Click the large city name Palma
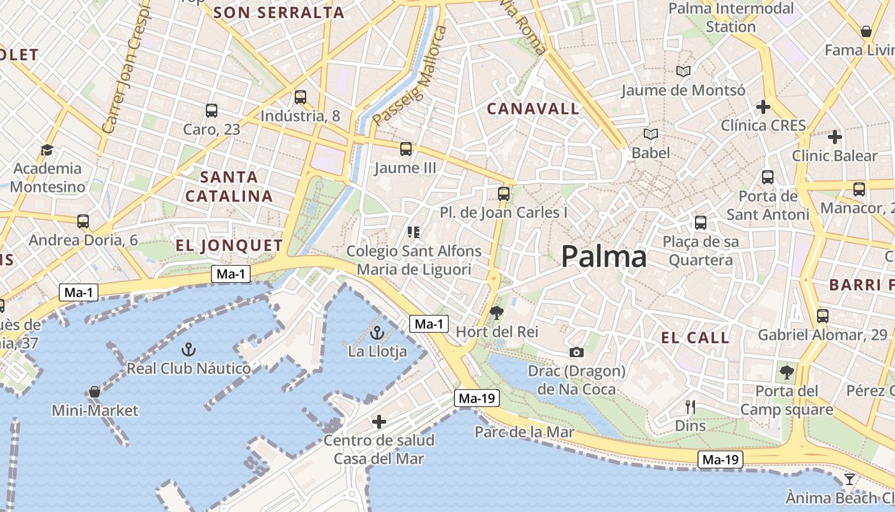[x=603, y=257]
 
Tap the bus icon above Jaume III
[x=406, y=149]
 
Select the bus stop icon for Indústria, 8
[x=300, y=97]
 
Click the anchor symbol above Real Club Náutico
[x=188, y=349]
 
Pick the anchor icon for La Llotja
[x=377, y=333]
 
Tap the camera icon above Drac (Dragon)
[x=576, y=352]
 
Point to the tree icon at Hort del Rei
[x=496, y=313]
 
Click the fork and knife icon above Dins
[x=690, y=406]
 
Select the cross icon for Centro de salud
[x=379, y=422]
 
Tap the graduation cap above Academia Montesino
[x=47, y=150]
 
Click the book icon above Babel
[x=651, y=134]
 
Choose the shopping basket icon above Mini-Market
[x=95, y=391]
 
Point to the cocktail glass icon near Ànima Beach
[x=850, y=479]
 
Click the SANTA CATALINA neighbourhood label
[x=229, y=186]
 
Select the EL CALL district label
[x=695, y=338]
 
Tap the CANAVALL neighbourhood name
[x=533, y=109]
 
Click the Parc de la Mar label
[x=524, y=432]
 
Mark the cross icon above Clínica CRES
[x=763, y=107]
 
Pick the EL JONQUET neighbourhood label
[x=229, y=245]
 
